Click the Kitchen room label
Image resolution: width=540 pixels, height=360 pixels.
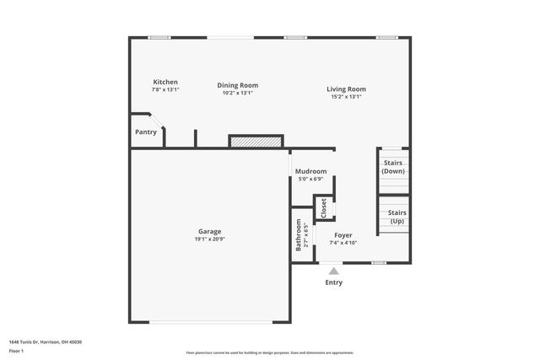(x=165, y=82)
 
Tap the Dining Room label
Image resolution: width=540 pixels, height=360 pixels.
(x=237, y=85)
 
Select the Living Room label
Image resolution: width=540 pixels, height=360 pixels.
(x=346, y=89)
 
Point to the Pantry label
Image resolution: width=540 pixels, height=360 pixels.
(x=146, y=132)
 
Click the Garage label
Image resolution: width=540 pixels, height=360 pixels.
(x=210, y=231)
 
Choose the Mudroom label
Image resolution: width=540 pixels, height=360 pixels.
(x=310, y=171)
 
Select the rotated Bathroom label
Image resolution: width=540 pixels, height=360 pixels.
(x=299, y=235)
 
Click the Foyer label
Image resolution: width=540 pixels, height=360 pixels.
(x=343, y=234)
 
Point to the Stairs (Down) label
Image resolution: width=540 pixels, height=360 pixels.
(x=393, y=166)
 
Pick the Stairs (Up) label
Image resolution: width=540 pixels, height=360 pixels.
(x=397, y=217)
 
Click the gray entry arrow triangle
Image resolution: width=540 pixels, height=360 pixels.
(x=334, y=271)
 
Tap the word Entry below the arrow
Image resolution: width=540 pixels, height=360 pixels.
(x=334, y=282)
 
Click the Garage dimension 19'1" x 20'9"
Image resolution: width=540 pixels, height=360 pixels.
(x=210, y=239)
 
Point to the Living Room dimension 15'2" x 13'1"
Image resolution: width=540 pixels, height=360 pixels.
(x=346, y=96)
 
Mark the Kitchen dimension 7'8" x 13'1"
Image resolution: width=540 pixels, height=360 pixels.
(x=165, y=89)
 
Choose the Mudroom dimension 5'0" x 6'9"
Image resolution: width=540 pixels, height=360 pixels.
(x=310, y=179)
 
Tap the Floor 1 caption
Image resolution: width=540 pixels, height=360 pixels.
(x=17, y=350)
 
